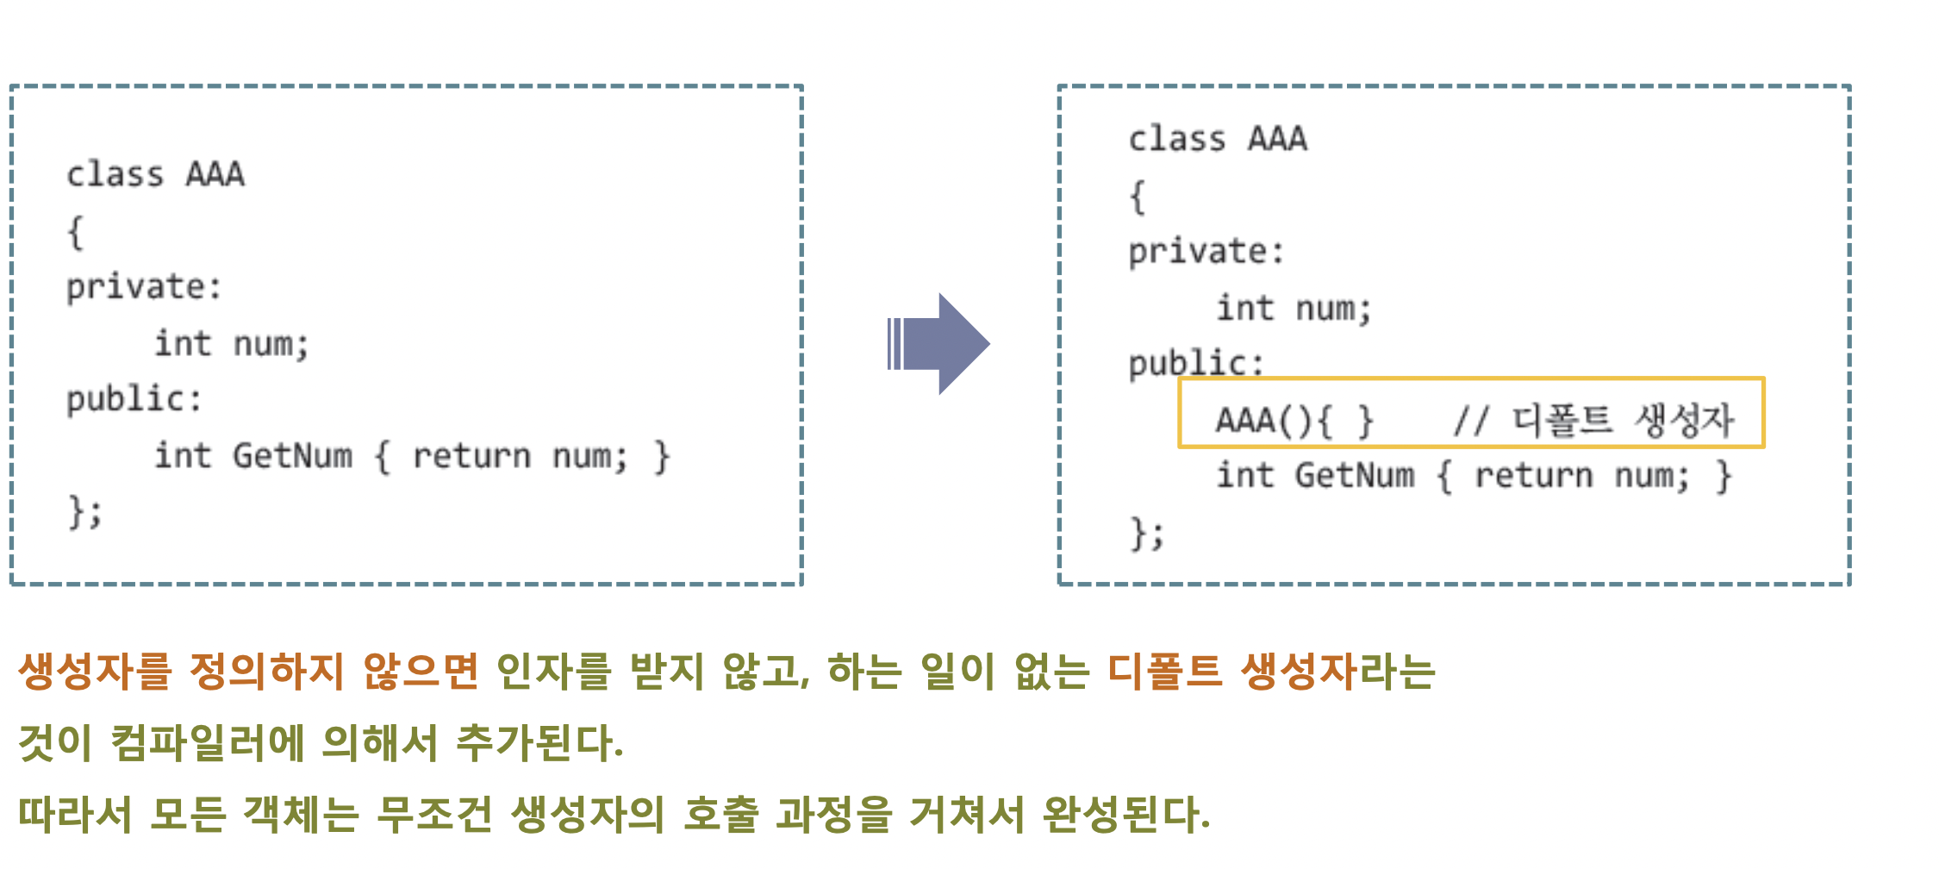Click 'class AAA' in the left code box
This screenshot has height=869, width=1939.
(x=156, y=175)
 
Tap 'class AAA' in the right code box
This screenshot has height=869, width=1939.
(x=1218, y=139)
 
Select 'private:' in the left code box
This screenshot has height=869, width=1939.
(x=144, y=287)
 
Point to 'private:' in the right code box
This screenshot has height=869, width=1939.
(x=1206, y=252)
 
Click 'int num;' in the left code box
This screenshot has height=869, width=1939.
(x=231, y=344)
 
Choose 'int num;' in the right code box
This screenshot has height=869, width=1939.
(x=1293, y=309)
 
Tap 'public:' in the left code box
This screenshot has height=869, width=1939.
(x=134, y=399)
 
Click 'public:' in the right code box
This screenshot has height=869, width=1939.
(x=1196, y=363)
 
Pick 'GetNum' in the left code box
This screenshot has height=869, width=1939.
(x=292, y=456)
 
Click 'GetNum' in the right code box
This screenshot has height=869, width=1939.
(x=1354, y=476)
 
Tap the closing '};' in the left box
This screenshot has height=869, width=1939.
(x=85, y=512)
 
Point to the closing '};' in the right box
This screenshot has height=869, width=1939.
(x=1147, y=534)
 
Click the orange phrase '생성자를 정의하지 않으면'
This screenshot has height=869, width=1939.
(x=248, y=671)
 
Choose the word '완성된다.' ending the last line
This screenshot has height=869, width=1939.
(x=1125, y=814)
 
